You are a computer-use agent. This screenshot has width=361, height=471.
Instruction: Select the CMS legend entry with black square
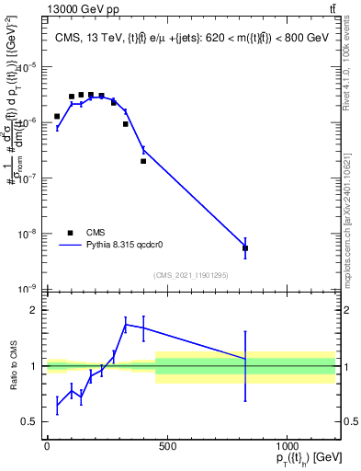(71, 233)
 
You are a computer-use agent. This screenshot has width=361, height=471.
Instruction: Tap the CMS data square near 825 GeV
(245, 248)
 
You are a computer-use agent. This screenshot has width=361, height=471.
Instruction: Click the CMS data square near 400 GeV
(143, 161)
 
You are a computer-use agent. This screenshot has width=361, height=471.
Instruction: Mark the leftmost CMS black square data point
(57, 116)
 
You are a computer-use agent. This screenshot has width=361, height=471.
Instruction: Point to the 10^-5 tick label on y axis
(28, 66)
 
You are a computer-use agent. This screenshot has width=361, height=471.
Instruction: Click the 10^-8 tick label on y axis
(28, 234)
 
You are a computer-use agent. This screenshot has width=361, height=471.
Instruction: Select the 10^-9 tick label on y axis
(28, 289)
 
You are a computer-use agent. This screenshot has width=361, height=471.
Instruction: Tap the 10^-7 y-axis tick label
(28, 178)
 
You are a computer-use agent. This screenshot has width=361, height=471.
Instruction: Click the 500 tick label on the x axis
(167, 446)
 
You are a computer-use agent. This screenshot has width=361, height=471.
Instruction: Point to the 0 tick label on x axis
(47, 446)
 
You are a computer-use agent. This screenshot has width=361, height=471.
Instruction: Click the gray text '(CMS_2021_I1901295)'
(190, 275)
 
